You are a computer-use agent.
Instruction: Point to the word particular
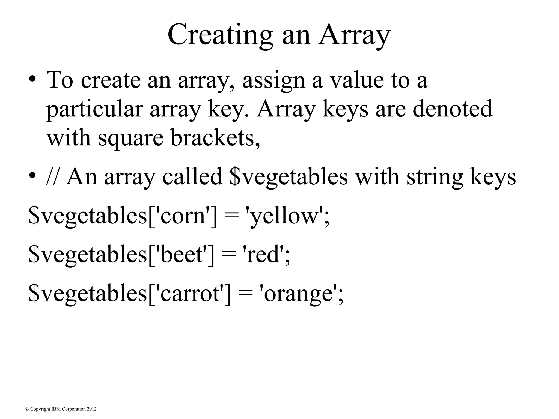(x=94, y=109)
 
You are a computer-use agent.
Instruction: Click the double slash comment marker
(x=53, y=177)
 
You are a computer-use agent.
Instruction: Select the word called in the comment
(x=192, y=177)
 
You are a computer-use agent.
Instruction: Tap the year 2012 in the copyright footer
(x=92, y=409)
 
